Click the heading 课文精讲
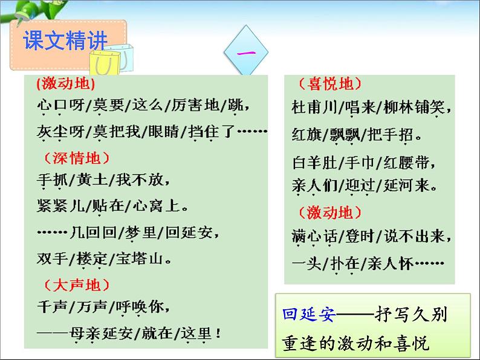[65, 41]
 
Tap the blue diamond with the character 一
[247, 53]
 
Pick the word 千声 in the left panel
[51, 306]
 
